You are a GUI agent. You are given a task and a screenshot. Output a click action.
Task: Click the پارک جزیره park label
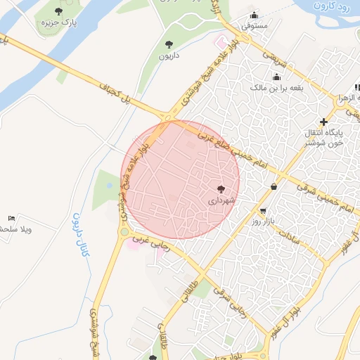tap(58, 23)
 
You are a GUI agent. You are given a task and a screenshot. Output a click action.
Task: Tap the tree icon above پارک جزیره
tap(58, 11)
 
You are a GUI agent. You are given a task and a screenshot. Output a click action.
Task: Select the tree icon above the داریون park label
tap(168, 44)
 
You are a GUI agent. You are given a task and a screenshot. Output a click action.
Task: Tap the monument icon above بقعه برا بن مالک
tap(277, 77)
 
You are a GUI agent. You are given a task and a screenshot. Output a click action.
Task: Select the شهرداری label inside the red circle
tap(220, 200)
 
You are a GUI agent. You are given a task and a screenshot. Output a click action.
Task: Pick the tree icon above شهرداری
tap(221, 188)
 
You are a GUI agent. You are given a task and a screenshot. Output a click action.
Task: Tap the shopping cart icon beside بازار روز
tap(263, 211)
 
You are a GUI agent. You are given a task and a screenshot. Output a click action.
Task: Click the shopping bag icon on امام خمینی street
tap(274, 186)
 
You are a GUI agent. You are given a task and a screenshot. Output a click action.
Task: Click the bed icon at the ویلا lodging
tap(11, 218)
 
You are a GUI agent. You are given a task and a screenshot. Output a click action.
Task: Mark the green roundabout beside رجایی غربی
tap(124, 231)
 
